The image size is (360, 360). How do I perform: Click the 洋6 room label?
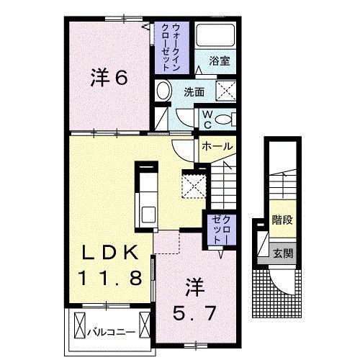click(109, 78)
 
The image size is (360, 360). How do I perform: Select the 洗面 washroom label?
click(193, 91)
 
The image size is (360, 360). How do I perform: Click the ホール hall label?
click(217, 146)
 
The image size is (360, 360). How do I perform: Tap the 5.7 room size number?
click(195, 313)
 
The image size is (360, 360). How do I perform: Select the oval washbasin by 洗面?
click(163, 92)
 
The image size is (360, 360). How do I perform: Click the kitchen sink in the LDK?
click(149, 215)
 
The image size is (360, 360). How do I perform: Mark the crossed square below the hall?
click(193, 184)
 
